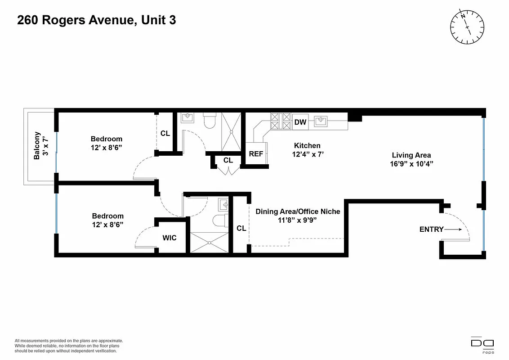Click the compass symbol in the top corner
(468, 27)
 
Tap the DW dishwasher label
(300, 122)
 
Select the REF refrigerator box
(256, 154)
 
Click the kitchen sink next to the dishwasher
(321, 121)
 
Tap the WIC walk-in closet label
(170, 238)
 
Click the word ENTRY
(431, 229)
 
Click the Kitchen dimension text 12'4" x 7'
(307, 154)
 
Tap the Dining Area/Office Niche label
(298, 211)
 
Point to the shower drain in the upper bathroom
(232, 132)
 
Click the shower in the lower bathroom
(209, 242)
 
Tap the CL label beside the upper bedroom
(165, 133)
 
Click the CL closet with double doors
(228, 161)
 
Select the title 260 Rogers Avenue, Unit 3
(96, 21)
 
